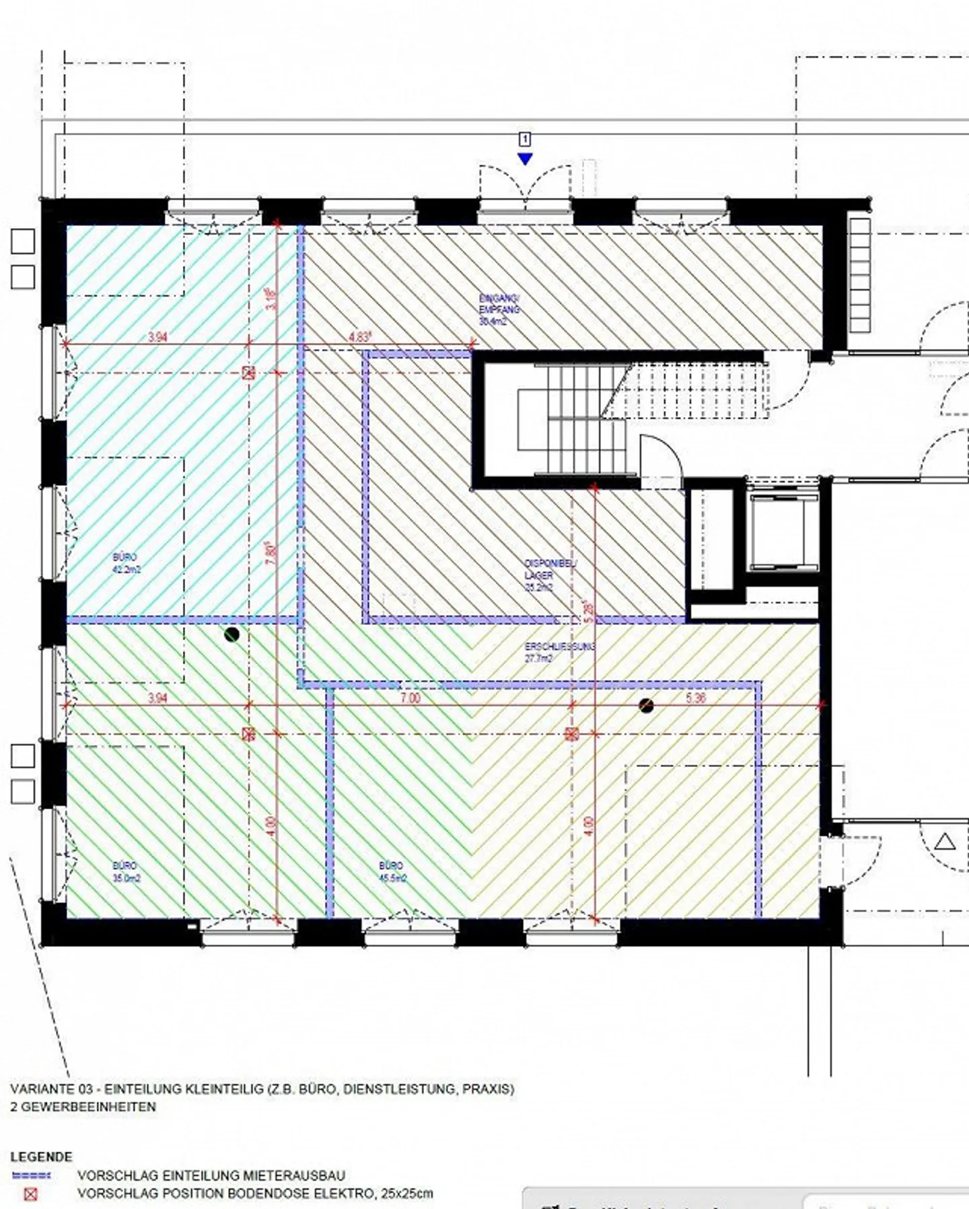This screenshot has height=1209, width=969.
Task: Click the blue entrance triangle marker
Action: click(525, 159)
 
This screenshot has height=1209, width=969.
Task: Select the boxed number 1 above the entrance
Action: click(525, 139)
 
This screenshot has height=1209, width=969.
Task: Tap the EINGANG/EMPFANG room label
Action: click(499, 309)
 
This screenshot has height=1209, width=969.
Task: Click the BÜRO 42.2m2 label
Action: click(126, 564)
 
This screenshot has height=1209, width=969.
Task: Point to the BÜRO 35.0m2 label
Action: click(126, 872)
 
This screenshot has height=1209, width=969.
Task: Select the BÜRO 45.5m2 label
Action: click(391, 872)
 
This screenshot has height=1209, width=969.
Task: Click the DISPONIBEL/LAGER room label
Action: click(549, 575)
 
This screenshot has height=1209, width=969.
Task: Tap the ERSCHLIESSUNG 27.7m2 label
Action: click(559, 653)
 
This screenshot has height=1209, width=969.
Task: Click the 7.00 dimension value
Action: click(410, 698)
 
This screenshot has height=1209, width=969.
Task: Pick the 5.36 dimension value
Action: click(696, 698)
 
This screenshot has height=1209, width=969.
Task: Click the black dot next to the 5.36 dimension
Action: click(647, 705)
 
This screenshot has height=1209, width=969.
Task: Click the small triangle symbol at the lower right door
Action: click(945, 841)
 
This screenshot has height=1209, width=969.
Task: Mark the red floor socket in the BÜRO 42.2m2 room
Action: click(248, 372)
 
